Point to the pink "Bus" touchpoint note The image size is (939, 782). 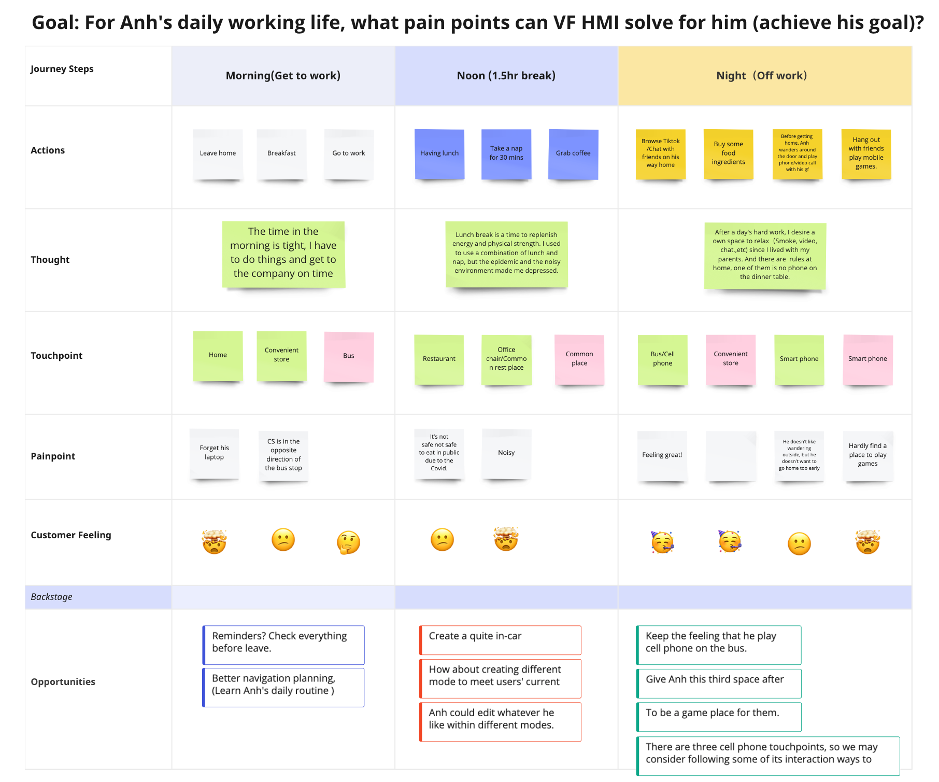tap(349, 356)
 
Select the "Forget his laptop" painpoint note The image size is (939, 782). tap(214, 453)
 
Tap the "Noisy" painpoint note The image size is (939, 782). tap(506, 453)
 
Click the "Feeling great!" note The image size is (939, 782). tap(662, 455)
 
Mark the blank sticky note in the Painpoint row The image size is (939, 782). tap(731, 455)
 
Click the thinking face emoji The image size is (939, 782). tap(348, 542)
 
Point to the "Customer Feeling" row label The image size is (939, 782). tap(71, 535)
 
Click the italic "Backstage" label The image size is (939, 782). tap(52, 597)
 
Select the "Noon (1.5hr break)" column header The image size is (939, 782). tap(506, 76)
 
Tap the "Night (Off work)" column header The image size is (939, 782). tap(762, 76)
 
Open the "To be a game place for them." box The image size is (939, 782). tap(719, 717)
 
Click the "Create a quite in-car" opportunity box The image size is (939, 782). tap(500, 640)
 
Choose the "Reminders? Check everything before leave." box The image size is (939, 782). tap(283, 645)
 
